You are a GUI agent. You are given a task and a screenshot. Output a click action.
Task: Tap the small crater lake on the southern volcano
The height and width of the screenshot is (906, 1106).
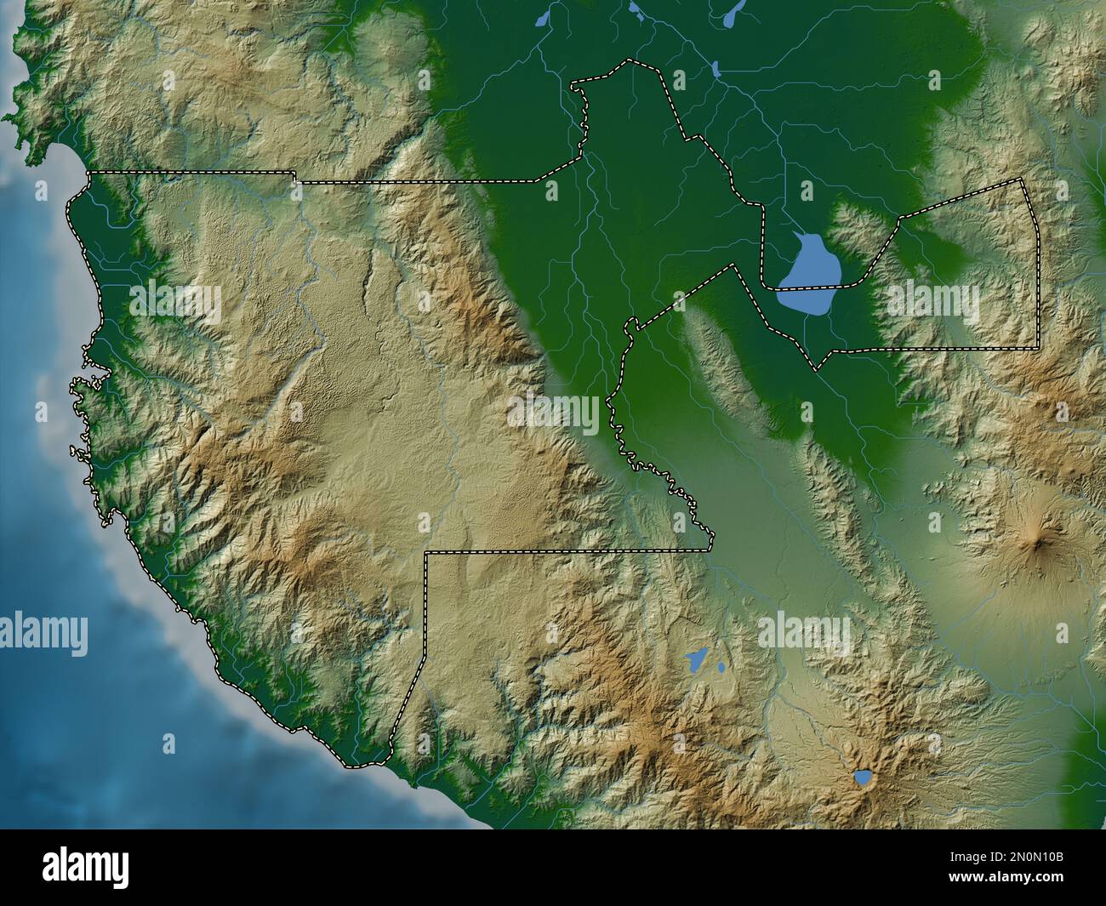[x=863, y=777]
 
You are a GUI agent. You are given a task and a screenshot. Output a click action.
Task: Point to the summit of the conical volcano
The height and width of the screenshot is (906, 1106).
[x=1038, y=537]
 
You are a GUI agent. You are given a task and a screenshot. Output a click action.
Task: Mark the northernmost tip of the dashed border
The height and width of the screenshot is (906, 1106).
[x=629, y=60]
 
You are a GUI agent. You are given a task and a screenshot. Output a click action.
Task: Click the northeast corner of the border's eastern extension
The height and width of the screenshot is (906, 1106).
[x=1023, y=179]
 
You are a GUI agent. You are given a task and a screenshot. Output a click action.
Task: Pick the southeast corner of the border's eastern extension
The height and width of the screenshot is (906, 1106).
[x=1037, y=348]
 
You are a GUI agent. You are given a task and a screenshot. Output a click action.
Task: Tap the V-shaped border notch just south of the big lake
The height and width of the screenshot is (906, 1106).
[x=817, y=369]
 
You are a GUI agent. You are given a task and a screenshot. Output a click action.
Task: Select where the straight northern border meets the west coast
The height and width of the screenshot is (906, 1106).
[x=88, y=173]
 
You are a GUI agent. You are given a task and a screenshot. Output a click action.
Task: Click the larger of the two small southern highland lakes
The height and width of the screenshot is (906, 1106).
[x=697, y=658]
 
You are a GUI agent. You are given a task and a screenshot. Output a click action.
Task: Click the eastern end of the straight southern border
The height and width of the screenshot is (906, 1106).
[x=711, y=550]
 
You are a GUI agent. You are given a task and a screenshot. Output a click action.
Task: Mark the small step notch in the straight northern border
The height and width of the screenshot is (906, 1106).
[x=295, y=177]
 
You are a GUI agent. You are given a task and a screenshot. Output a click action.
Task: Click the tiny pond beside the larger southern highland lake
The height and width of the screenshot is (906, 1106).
[x=721, y=667]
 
